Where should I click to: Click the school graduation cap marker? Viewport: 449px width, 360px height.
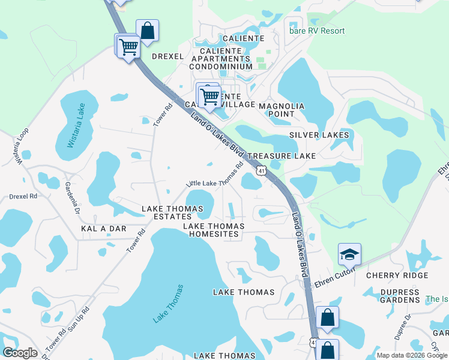click(x=349, y=256)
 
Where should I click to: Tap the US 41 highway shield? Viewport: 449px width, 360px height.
click(x=261, y=172)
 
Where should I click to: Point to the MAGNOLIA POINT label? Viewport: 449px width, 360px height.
click(x=282, y=110)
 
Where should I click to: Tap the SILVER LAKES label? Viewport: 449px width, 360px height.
click(x=319, y=135)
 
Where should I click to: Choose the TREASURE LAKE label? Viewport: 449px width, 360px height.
click(x=282, y=155)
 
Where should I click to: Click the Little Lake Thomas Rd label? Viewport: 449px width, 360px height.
click(x=214, y=174)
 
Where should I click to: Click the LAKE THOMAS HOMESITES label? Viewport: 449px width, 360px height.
click(x=214, y=230)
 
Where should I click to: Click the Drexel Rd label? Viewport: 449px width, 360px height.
click(x=23, y=196)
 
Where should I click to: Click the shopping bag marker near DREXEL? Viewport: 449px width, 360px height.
click(x=147, y=31)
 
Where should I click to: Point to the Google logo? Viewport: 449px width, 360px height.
click(x=20, y=353)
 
